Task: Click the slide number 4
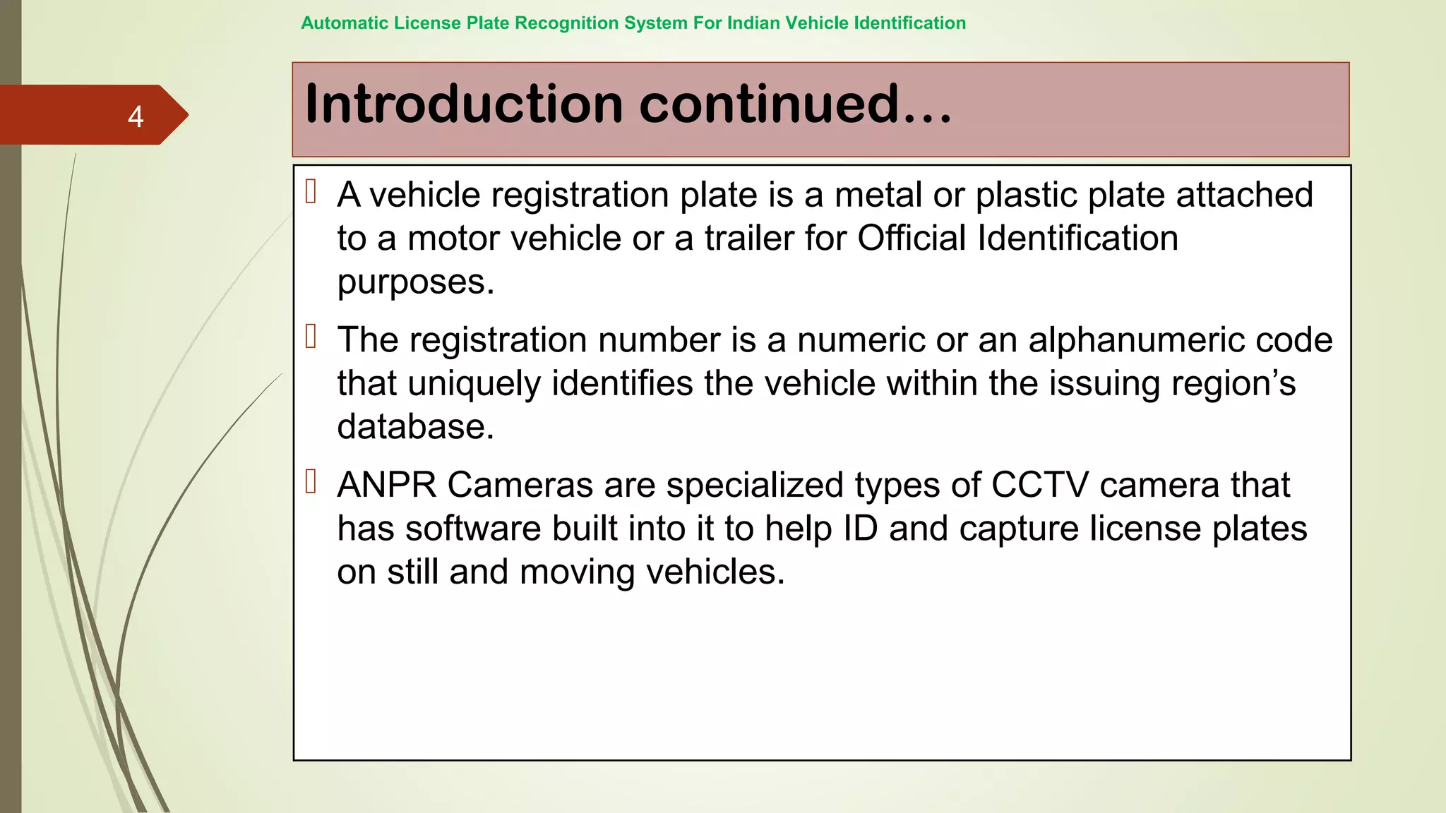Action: point(136,116)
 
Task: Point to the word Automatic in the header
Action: point(345,23)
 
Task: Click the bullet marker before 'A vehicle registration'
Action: point(311,192)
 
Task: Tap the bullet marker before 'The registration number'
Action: point(311,337)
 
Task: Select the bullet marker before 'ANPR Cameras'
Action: point(311,482)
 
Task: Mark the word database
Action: point(415,428)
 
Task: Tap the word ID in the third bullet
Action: point(860,529)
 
